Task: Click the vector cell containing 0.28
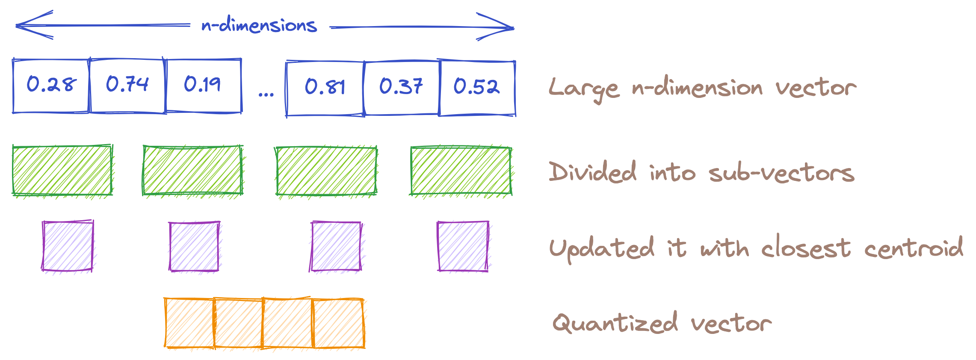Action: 51,86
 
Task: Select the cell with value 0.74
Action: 127,86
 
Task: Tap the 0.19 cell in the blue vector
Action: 203,86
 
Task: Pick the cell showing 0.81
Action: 325,88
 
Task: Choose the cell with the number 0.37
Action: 401,88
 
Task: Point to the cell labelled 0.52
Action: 477,88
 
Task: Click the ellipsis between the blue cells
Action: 266,94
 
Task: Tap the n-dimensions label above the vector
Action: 259,26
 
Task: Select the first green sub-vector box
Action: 62,171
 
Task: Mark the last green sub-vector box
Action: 461,171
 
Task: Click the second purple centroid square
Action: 195,246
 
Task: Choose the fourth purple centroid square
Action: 463,246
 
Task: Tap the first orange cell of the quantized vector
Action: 189,323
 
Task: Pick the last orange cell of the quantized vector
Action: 339,323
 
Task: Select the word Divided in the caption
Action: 593,172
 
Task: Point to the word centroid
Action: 913,248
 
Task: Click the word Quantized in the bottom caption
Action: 615,323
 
